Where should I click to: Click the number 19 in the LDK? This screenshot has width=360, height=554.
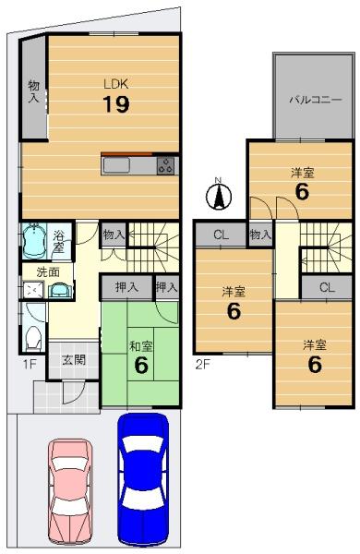point(116,104)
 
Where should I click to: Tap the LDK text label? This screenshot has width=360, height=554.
point(116,84)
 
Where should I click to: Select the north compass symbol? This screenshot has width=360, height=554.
point(219,195)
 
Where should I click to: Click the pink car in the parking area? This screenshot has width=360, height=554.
point(70,491)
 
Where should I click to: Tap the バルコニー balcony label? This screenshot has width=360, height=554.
point(316,100)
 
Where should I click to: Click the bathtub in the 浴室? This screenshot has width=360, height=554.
point(34,241)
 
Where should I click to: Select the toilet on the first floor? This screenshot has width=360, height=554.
point(33,339)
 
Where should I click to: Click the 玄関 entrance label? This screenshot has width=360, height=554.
point(74,360)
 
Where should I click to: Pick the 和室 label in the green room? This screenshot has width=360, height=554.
point(141,346)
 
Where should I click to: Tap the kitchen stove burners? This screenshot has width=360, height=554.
point(165,165)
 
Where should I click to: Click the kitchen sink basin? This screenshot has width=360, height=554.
point(116,165)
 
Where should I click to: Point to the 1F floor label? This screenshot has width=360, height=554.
point(30,364)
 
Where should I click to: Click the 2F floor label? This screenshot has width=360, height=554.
point(203,364)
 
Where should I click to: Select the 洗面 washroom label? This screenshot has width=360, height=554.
point(48,272)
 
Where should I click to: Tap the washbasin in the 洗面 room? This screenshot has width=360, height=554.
point(59,291)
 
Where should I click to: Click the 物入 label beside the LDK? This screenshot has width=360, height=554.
point(34,91)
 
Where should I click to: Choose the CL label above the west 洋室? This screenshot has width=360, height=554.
point(222,235)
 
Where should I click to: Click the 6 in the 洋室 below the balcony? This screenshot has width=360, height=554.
point(302,191)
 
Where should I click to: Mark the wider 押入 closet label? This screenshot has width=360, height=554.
point(126,287)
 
